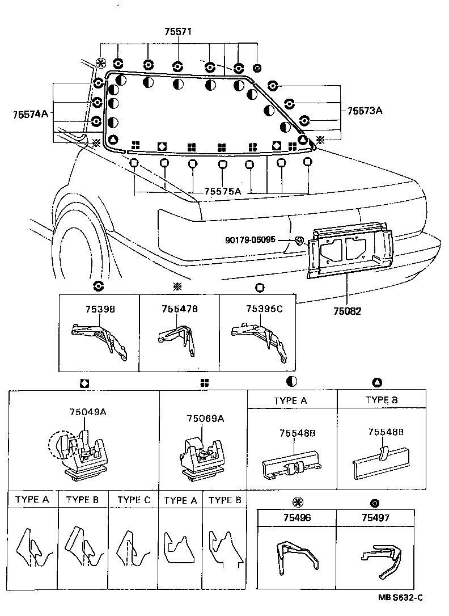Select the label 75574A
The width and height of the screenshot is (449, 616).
pos(30,114)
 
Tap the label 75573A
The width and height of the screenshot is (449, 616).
pos(365,111)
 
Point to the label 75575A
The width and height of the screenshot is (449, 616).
pos(222,192)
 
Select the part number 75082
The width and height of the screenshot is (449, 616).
pos(347,311)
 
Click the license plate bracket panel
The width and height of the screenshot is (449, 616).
pos(349,250)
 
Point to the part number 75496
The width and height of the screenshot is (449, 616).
pos(296,518)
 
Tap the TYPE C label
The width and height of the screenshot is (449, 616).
pos(134,500)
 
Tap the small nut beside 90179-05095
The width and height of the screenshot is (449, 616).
pos(298,241)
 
